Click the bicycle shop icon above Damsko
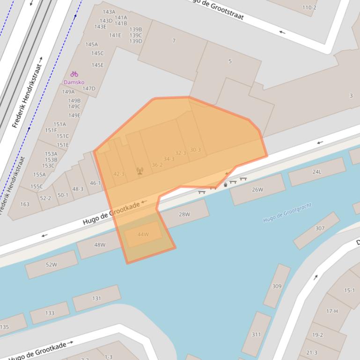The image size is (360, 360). click(x=74, y=74)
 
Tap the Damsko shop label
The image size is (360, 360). click(x=74, y=82)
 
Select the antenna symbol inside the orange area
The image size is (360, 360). click(x=140, y=171)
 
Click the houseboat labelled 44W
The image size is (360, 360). click(x=143, y=234)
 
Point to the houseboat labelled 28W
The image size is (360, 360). click(x=184, y=215)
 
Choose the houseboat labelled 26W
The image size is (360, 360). click(x=257, y=189)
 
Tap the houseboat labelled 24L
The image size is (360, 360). click(x=317, y=172)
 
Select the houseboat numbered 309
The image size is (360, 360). click(x=277, y=286)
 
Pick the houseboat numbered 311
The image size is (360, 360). click(x=257, y=334)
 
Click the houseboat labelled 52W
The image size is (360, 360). click(x=51, y=265)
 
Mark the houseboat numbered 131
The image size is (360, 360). click(x=96, y=298)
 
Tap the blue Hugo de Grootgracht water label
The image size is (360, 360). click(x=287, y=213)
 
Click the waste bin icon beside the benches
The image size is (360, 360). click(x=226, y=185)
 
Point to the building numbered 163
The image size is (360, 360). click(x=25, y=204)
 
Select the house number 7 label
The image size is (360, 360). click(x=174, y=41)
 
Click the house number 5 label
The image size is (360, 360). click(x=230, y=61)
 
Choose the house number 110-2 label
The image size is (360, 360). click(x=309, y=7)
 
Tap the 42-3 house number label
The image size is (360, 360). click(x=119, y=174)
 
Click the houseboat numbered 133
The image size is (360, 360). click(x=50, y=313)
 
